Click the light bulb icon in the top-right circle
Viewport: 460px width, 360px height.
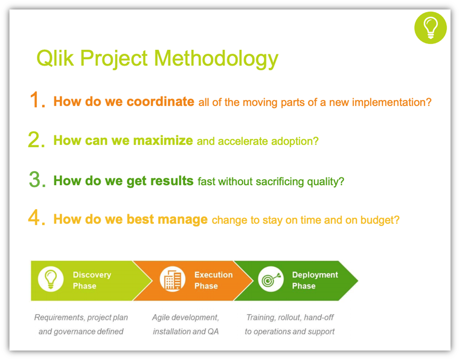[x=430, y=28]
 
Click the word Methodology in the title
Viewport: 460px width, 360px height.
[x=216, y=59]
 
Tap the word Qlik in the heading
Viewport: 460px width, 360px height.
[x=55, y=58]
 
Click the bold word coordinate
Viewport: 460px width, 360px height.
[x=160, y=101]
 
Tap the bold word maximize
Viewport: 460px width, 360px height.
[x=163, y=140]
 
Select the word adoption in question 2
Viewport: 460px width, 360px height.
[x=295, y=142]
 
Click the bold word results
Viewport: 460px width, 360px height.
[x=171, y=181]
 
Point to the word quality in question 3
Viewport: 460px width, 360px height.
[x=325, y=182]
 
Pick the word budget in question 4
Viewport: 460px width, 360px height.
[x=380, y=220]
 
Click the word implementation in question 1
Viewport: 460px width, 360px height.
[x=392, y=102]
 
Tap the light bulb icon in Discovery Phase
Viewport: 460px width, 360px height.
[x=51, y=279]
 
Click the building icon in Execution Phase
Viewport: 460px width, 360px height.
[x=172, y=280]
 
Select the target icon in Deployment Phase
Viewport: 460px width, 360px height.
[x=271, y=279]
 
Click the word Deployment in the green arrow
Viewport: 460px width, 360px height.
[x=315, y=275]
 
